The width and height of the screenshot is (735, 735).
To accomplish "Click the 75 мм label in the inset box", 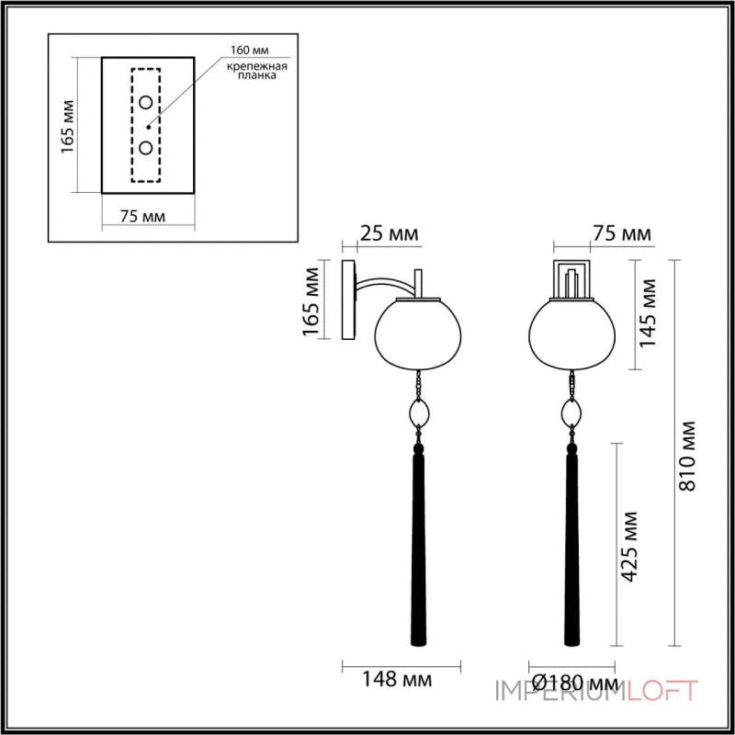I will click(143, 216).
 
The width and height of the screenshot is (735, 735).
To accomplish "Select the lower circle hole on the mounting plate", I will click(146, 147).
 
